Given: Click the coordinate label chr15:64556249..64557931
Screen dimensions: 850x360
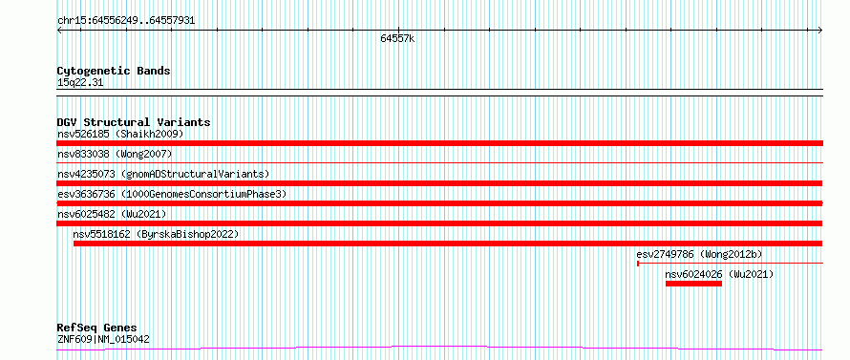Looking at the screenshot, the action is tap(126, 21).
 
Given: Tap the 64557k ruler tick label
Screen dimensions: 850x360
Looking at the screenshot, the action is tap(397, 38).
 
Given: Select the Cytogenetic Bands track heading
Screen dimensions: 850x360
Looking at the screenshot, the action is tap(114, 71).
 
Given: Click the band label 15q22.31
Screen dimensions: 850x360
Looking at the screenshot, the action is tap(80, 83).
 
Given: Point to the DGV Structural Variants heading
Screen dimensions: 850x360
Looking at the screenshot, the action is tap(134, 122).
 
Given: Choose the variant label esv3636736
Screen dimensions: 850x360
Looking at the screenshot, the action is tap(86, 194).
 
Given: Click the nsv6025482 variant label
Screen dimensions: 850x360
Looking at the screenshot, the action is tap(86, 214).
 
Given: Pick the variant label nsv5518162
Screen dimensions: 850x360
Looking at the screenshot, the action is tap(102, 234).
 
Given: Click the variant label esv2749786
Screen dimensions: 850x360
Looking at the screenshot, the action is tap(665, 254).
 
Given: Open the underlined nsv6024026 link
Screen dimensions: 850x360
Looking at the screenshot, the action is tap(694, 274).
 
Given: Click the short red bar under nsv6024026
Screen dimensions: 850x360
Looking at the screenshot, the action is tap(694, 284).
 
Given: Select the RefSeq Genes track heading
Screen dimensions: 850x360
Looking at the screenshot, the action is tap(97, 328).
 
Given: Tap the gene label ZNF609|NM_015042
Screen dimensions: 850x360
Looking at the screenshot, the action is tap(103, 340).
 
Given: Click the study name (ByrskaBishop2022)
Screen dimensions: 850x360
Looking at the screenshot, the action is tap(187, 234).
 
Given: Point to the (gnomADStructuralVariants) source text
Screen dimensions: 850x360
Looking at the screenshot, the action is tap(195, 174).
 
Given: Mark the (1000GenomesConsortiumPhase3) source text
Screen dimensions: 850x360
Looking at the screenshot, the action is tap(203, 194).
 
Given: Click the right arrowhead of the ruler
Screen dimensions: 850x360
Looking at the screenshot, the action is tap(820, 31).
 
